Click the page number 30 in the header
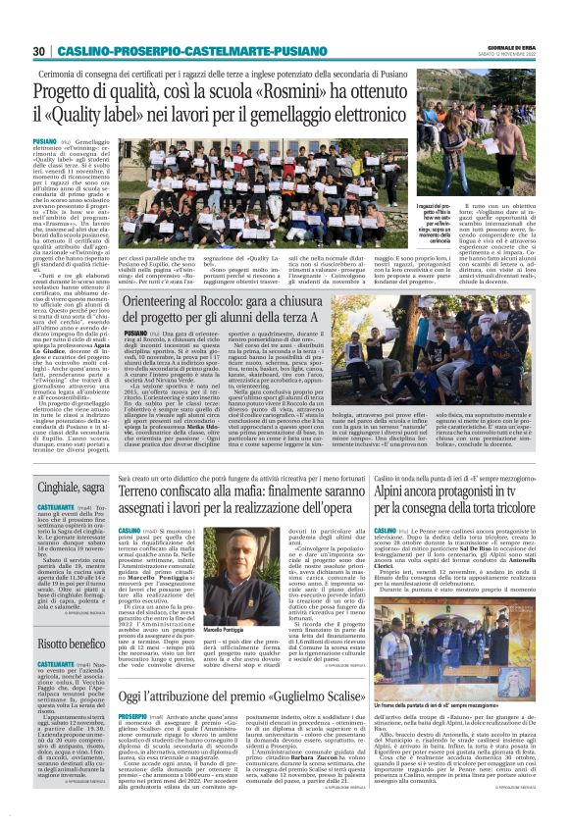click(x=38, y=51)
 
